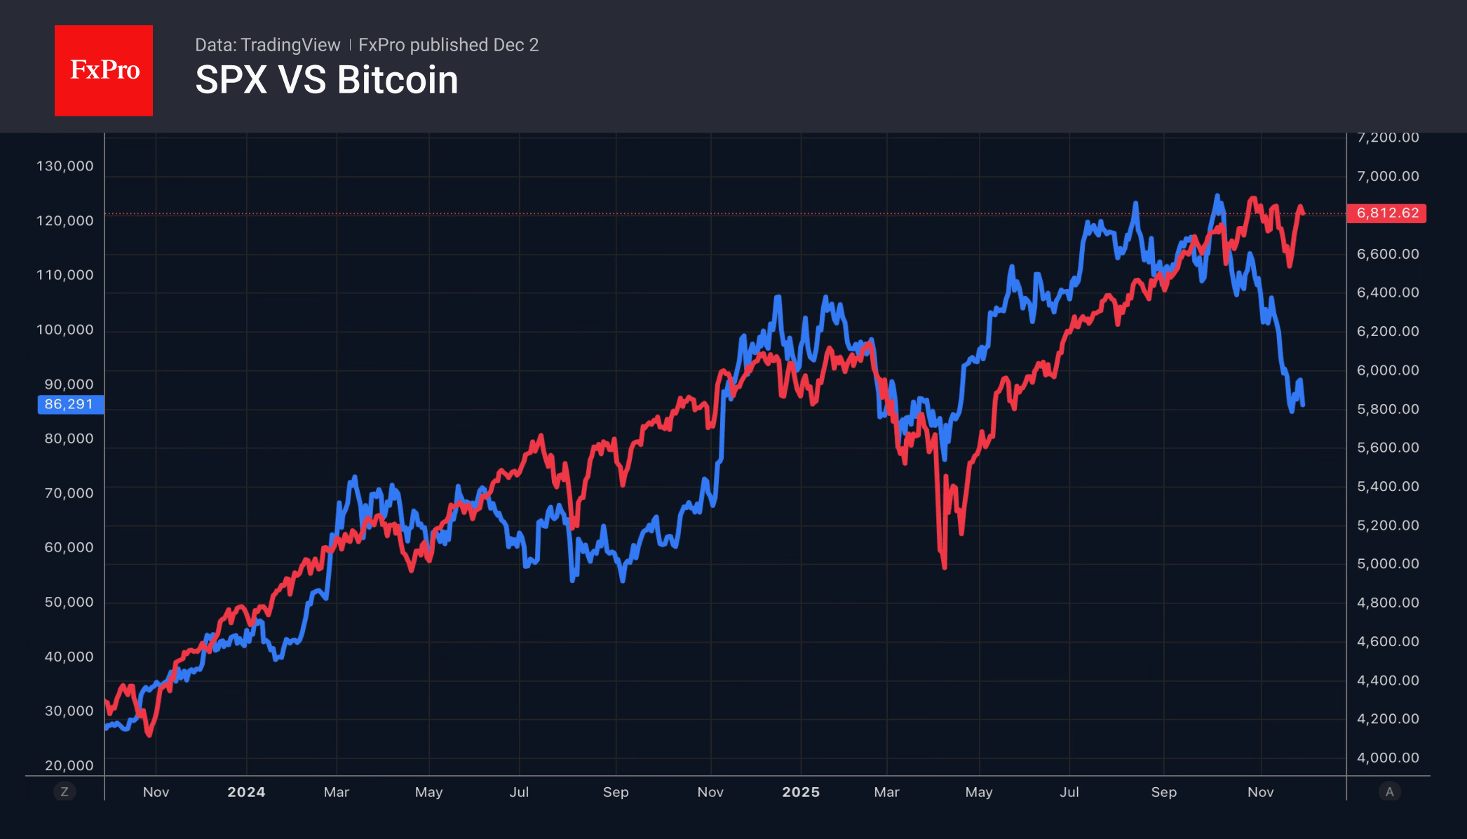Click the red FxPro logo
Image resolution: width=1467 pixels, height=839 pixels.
click(x=104, y=70)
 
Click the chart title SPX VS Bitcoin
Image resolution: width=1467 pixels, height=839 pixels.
click(x=327, y=80)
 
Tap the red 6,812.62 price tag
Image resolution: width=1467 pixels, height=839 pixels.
click(x=1386, y=213)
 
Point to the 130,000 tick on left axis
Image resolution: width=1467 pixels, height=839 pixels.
click(x=65, y=166)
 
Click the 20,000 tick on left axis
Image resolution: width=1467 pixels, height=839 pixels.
click(x=69, y=765)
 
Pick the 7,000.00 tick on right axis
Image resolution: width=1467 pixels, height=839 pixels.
click(x=1387, y=176)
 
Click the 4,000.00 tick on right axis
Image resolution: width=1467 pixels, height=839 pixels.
click(x=1387, y=758)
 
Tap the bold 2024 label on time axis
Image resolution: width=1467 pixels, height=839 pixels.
click(x=246, y=792)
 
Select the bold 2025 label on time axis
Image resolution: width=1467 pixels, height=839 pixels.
click(x=801, y=792)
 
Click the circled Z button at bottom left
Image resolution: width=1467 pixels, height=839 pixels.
click(x=65, y=792)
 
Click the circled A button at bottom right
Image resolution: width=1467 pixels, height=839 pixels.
click(x=1389, y=792)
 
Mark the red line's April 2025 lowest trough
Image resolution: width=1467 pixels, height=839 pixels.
click(x=945, y=566)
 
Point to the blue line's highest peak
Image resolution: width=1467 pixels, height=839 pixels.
click(x=1217, y=196)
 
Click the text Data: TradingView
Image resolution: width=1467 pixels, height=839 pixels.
click(x=267, y=45)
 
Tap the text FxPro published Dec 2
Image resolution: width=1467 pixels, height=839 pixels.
click(x=448, y=45)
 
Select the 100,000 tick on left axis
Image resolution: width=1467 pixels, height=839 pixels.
click(x=65, y=330)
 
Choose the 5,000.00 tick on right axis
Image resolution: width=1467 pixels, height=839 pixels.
click(x=1387, y=564)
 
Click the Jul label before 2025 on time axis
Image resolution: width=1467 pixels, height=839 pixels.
click(x=519, y=792)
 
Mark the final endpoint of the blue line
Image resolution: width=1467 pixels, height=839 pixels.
click(x=1303, y=405)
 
